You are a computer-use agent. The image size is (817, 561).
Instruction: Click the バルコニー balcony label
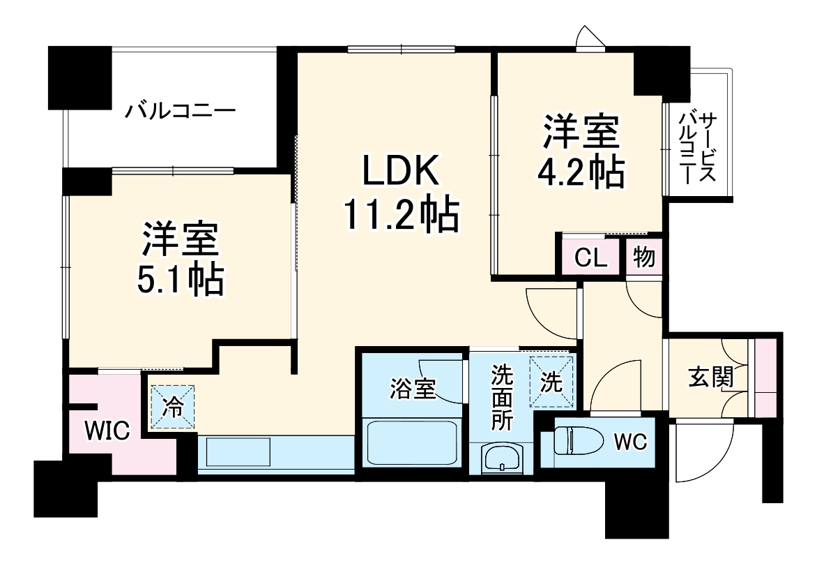(x=181, y=111)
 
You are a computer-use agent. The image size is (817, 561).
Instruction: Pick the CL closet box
(x=591, y=258)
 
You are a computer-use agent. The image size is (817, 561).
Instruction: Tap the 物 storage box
(x=644, y=257)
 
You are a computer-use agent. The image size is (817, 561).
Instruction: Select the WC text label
(x=631, y=441)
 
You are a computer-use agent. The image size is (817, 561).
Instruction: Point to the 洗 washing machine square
(x=551, y=382)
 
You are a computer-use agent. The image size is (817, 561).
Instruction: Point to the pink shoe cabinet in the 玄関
(x=765, y=377)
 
